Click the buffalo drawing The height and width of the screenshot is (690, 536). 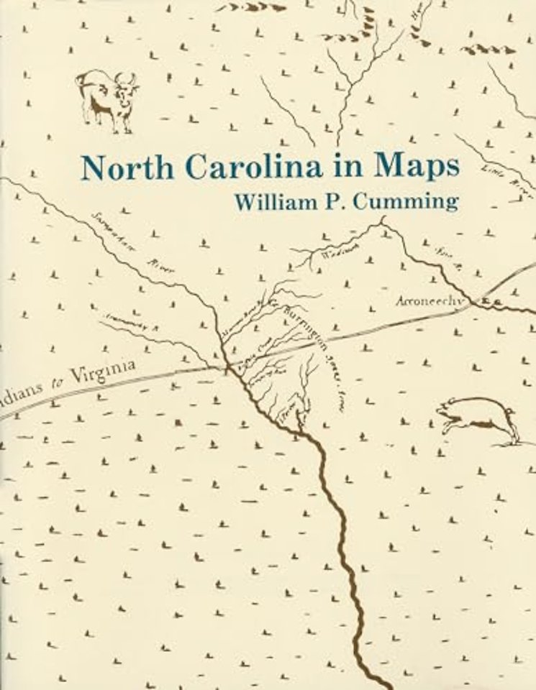tap(106, 98)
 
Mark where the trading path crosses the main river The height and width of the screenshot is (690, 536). tap(227, 367)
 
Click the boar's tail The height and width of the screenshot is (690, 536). tap(512, 412)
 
